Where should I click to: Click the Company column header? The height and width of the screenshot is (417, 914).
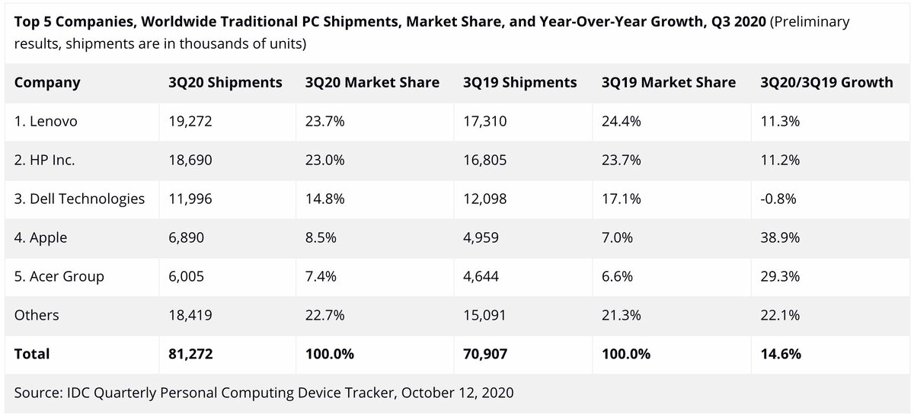(x=47, y=82)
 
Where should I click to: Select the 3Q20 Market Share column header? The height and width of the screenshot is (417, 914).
(x=372, y=82)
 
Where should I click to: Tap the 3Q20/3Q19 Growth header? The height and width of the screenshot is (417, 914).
(x=826, y=82)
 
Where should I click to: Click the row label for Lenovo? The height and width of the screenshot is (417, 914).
(x=46, y=121)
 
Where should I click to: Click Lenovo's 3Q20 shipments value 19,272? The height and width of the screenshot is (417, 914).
(x=190, y=121)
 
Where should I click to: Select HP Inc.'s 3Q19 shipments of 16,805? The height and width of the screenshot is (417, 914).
(x=484, y=160)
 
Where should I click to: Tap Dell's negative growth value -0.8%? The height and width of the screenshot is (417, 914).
(x=778, y=199)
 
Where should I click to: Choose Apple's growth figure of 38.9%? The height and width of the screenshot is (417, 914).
(x=780, y=237)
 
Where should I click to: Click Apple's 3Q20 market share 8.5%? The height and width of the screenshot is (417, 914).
(x=320, y=237)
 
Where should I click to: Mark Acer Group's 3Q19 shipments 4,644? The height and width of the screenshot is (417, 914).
(x=481, y=276)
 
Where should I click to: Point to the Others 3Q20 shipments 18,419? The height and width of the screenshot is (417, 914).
(x=190, y=315)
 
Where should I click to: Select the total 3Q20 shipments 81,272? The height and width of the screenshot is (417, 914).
(x=190, y=354)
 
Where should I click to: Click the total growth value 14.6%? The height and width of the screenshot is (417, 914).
(x=780, y=354)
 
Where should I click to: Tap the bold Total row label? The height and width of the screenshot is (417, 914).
(x=32, y=354)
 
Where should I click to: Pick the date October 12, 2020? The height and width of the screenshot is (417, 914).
(x=458, y=393)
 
